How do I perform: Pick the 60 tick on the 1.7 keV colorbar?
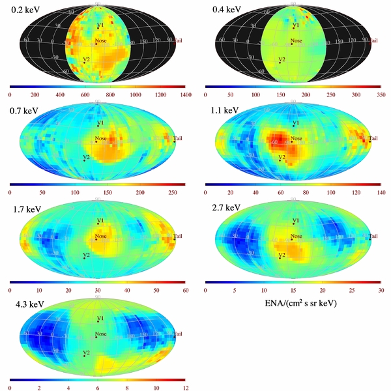[186, 290]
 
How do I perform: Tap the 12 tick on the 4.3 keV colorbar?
[186, 387]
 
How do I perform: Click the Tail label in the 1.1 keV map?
[373, 138]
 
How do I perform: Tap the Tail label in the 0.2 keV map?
[178, 40]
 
